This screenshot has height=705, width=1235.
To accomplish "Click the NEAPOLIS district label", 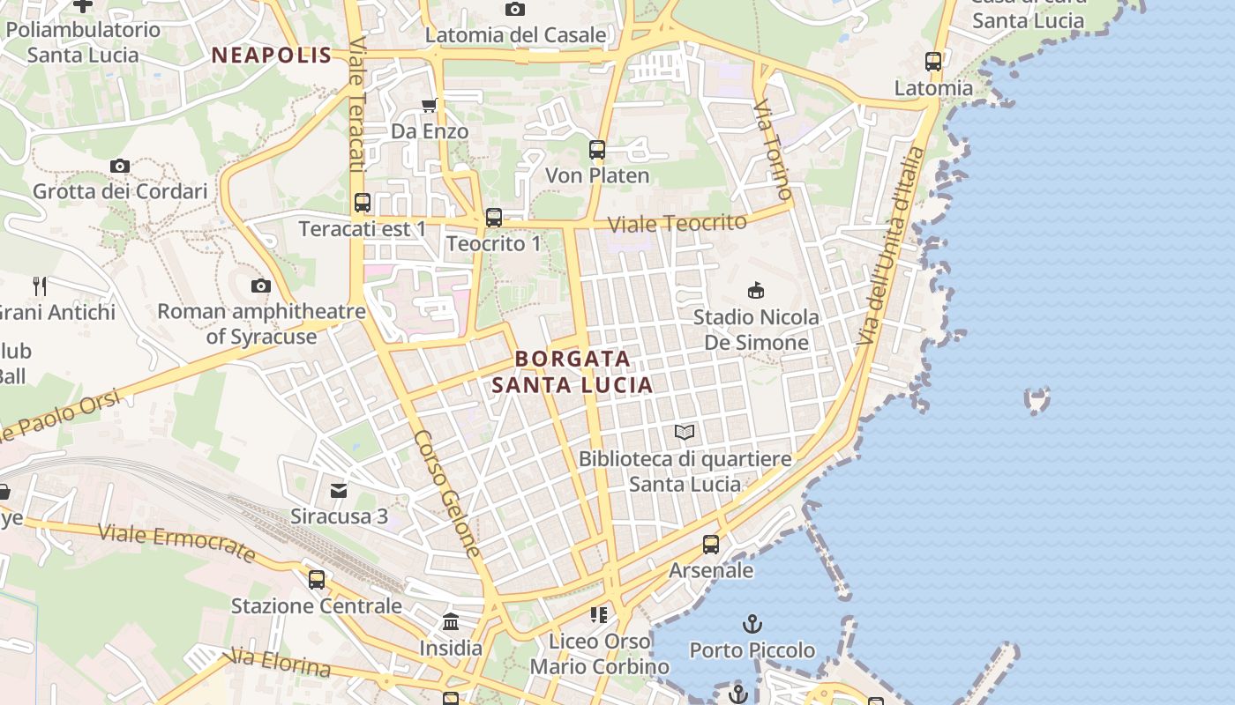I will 272,56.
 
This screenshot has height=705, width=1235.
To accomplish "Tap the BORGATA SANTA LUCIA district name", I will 573,372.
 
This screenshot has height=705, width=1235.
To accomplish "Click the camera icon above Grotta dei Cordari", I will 120,166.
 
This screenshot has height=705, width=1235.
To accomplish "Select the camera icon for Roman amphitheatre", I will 261,286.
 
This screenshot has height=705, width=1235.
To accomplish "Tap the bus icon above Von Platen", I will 597,150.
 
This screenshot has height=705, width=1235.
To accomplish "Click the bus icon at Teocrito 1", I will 494,217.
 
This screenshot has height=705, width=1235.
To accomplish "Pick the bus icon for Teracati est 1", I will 363,203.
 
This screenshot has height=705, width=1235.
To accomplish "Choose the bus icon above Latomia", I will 933,62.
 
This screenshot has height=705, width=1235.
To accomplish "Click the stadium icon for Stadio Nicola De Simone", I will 756,290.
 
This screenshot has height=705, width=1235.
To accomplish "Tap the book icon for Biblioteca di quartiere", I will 685,432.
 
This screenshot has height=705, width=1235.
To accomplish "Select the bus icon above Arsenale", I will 711,544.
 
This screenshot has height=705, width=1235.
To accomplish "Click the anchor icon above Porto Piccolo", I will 752,624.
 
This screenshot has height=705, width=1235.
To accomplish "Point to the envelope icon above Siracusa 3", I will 339,490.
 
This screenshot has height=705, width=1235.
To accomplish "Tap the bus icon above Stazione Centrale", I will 317,580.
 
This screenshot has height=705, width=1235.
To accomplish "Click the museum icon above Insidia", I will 451,622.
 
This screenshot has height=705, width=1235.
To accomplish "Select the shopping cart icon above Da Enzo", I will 430,106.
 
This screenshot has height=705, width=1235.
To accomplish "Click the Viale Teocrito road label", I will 677,223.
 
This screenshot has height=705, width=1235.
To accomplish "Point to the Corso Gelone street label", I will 447,493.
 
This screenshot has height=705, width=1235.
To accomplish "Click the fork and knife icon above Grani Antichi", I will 40,286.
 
